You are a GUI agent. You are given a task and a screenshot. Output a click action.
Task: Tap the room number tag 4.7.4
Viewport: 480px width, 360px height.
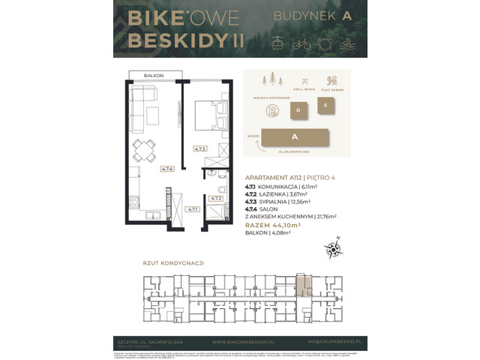(x=166, y=169)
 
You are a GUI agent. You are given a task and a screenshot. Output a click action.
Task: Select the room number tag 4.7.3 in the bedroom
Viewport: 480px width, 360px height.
(x=199, y=148)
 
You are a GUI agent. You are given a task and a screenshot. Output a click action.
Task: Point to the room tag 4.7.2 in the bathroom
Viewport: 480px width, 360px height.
(x=215, y=198)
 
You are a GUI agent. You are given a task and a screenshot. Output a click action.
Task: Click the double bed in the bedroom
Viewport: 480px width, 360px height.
(x=209, y=116)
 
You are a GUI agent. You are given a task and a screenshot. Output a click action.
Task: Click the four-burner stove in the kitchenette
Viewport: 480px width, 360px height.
(x=134, y=201)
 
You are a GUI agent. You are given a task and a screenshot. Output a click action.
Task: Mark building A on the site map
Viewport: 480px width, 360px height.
(x=295, y=137)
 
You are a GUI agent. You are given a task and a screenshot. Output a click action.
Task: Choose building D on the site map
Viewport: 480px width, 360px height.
(x=298, y=110)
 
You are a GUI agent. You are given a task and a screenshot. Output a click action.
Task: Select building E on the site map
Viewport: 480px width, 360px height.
(x=324, y=106)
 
